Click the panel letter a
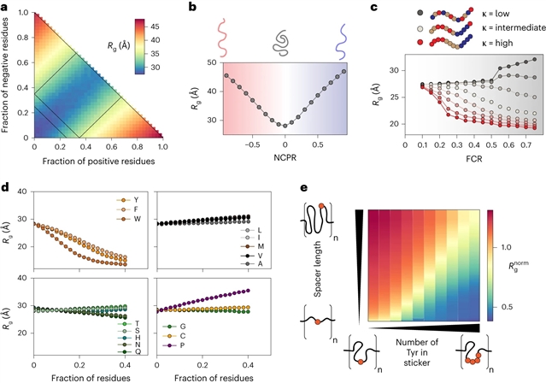pyautogui.click(x=6, y=7)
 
